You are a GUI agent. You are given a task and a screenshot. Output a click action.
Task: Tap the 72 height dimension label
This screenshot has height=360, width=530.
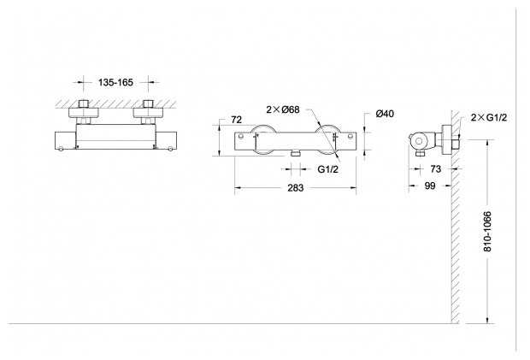coord(236,121)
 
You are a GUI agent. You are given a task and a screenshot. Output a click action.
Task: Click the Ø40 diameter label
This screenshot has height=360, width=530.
coord(384,115)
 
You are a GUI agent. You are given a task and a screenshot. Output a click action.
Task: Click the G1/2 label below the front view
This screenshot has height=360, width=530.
coord(328,169)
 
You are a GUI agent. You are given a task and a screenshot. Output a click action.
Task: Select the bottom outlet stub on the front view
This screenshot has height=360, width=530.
coord(293,152)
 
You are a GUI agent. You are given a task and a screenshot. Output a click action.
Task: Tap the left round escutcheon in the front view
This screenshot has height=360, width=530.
coord(262,139)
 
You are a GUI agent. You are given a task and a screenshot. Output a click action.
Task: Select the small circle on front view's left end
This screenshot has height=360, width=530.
coord(241,136)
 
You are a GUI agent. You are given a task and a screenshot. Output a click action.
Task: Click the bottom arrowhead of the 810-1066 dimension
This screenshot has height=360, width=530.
coord(488,321)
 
